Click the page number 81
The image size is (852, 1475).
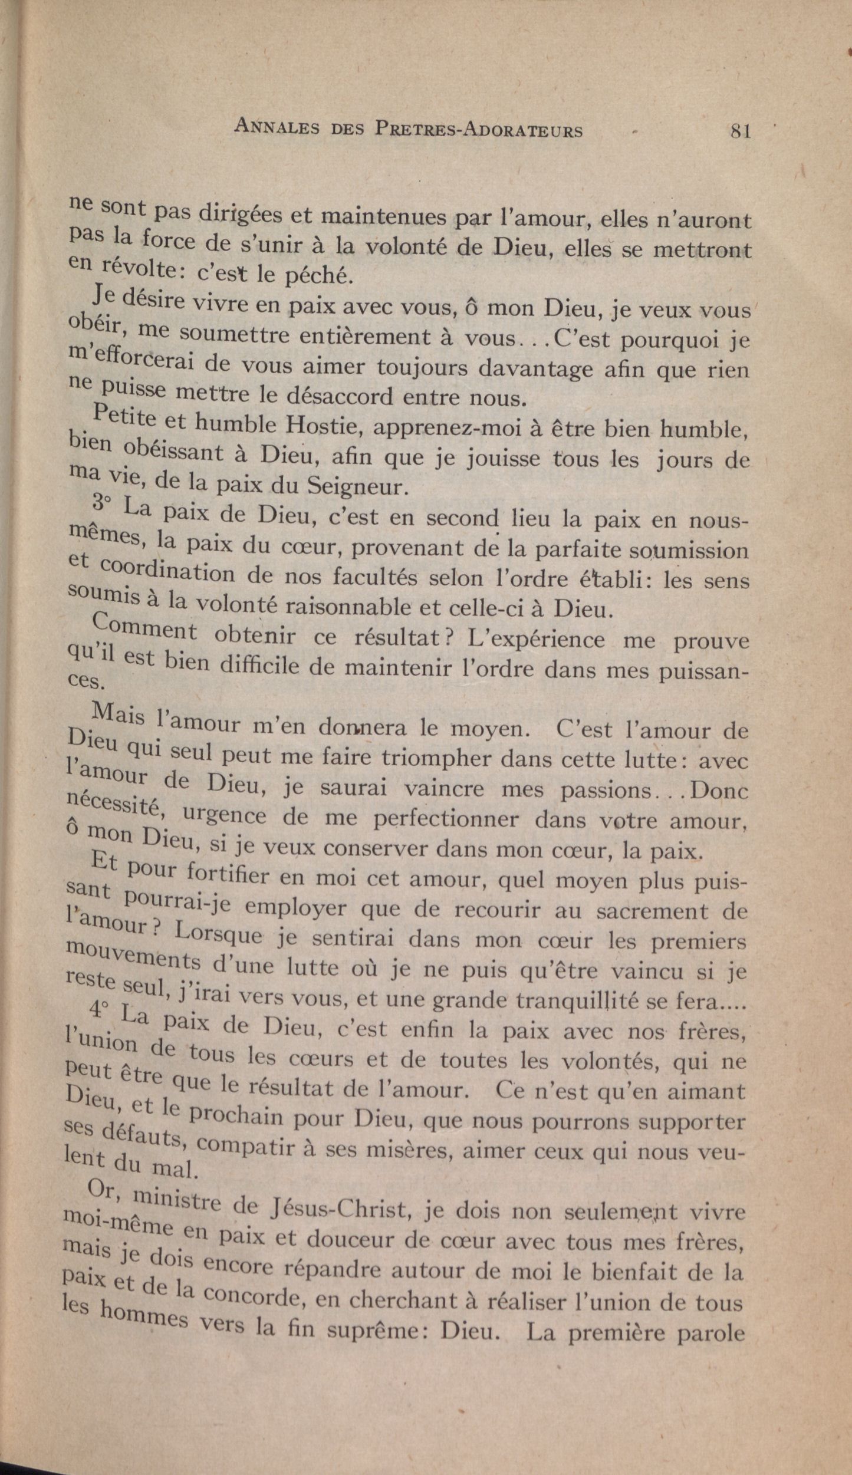click(x=740, y=130)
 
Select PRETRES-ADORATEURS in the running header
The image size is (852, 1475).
click(x=478, y=130)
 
